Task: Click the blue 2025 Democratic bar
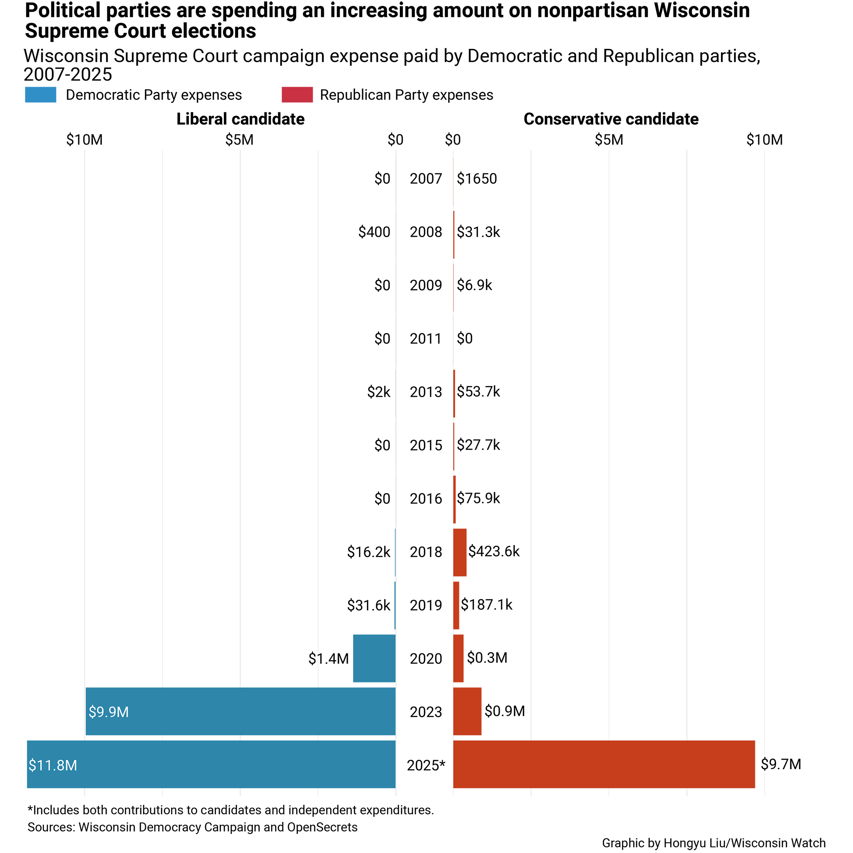coord(211,764)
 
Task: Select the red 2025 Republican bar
coord(604,764)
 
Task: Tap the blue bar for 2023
coord(240,711)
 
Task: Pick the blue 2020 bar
coord(374,658)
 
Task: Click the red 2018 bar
coord(460,552)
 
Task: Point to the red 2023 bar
coord(467,711)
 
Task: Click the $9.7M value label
coord(781,764)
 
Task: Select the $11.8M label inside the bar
coord(53,765)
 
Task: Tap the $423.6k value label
coord(494,551)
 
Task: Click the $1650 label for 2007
coord(477,179)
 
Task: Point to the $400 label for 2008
coord(374,232)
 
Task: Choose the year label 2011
coord(426,339)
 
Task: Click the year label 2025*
coord(426,765)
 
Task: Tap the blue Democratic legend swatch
coord(40,95)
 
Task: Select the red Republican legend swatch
coord(297,95)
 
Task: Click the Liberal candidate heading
coord(240,119)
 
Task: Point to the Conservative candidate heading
coord(611,119)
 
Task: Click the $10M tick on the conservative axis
coord(764,140)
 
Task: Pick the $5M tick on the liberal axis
coord(239,140)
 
